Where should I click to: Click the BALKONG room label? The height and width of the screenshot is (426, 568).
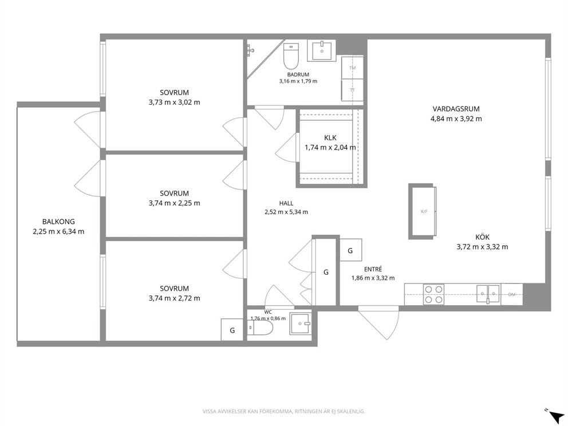[x=58, y=222]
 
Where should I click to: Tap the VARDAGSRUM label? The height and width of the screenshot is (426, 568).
[x=456, y=109]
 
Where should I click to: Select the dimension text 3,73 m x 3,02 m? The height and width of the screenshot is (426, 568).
[x=174, y=102]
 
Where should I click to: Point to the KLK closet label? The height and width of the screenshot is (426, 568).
[x=330, y=137]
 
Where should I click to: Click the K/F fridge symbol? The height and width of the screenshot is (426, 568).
[x=424, y=211]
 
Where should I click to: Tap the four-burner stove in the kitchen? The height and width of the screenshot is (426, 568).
[x=433, y=294]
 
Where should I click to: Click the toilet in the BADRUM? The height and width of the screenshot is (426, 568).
[x=290, y=56]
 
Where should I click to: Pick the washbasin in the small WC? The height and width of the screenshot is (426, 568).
[x=300, y=324]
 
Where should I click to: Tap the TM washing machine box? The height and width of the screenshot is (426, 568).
[x=353, y=68]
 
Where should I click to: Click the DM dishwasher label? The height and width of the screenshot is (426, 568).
[x=511, y=294]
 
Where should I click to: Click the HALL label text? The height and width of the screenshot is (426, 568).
[x=286, y=203]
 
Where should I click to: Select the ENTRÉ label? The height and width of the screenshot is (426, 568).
[x=373, y=269]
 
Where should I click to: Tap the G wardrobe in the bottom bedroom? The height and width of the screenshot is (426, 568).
[x=232, y=330]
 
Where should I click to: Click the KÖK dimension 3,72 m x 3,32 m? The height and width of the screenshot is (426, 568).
[x=482, y=247]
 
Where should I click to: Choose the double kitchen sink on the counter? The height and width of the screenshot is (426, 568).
[x=488, y=293]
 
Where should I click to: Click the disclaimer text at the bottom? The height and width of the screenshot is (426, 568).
[x=283, y=411]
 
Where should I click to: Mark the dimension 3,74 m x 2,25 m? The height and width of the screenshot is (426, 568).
[x=174, y=203]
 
